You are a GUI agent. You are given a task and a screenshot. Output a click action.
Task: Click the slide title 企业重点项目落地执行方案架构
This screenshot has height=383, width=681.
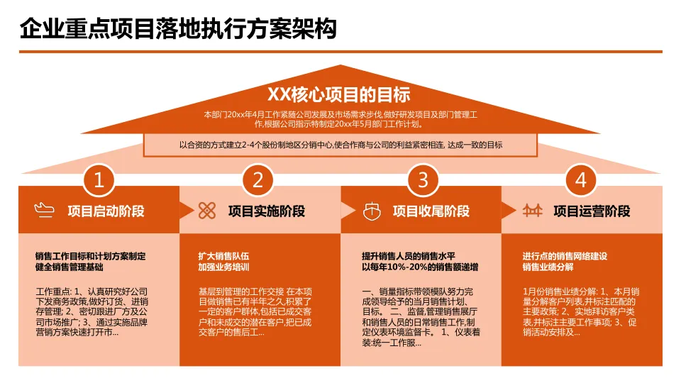pos(178,29)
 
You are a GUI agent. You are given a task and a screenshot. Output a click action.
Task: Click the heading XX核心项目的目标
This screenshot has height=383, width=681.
pos(339,94)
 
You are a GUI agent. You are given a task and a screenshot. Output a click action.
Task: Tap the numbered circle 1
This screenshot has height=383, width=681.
pos(99,180)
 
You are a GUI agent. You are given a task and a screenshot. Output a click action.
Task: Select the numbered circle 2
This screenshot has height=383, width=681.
pos(258,180)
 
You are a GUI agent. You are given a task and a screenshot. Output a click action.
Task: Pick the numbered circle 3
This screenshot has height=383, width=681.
pos(423,180)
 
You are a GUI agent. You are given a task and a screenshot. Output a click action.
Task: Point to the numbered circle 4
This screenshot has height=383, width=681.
pos(581,180)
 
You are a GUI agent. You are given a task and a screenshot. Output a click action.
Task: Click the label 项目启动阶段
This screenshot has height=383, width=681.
pos(106,211)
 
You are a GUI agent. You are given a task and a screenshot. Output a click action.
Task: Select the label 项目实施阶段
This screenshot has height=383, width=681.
pos(267,211)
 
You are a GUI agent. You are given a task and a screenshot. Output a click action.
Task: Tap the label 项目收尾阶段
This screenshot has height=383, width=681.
pos(431,211)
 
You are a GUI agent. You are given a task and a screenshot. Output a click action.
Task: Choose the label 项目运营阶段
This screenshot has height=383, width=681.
pos(592,211)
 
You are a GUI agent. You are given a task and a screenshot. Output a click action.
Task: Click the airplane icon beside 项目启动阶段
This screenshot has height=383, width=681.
pos(44,211)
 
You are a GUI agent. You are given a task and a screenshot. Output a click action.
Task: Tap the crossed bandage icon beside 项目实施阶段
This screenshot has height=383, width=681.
pos(206,211)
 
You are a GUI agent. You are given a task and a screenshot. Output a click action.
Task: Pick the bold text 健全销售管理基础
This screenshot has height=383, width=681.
pos(69,267)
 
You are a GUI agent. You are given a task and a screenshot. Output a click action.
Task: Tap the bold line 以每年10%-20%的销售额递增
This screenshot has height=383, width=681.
pos(419,267)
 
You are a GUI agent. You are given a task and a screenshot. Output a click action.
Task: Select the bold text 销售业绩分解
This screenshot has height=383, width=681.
pos(548,267)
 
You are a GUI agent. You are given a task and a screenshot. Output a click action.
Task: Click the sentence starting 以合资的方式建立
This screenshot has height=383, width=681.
pos(340,145)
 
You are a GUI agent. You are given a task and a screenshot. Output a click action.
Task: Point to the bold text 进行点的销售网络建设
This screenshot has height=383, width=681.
pos(565,256)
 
